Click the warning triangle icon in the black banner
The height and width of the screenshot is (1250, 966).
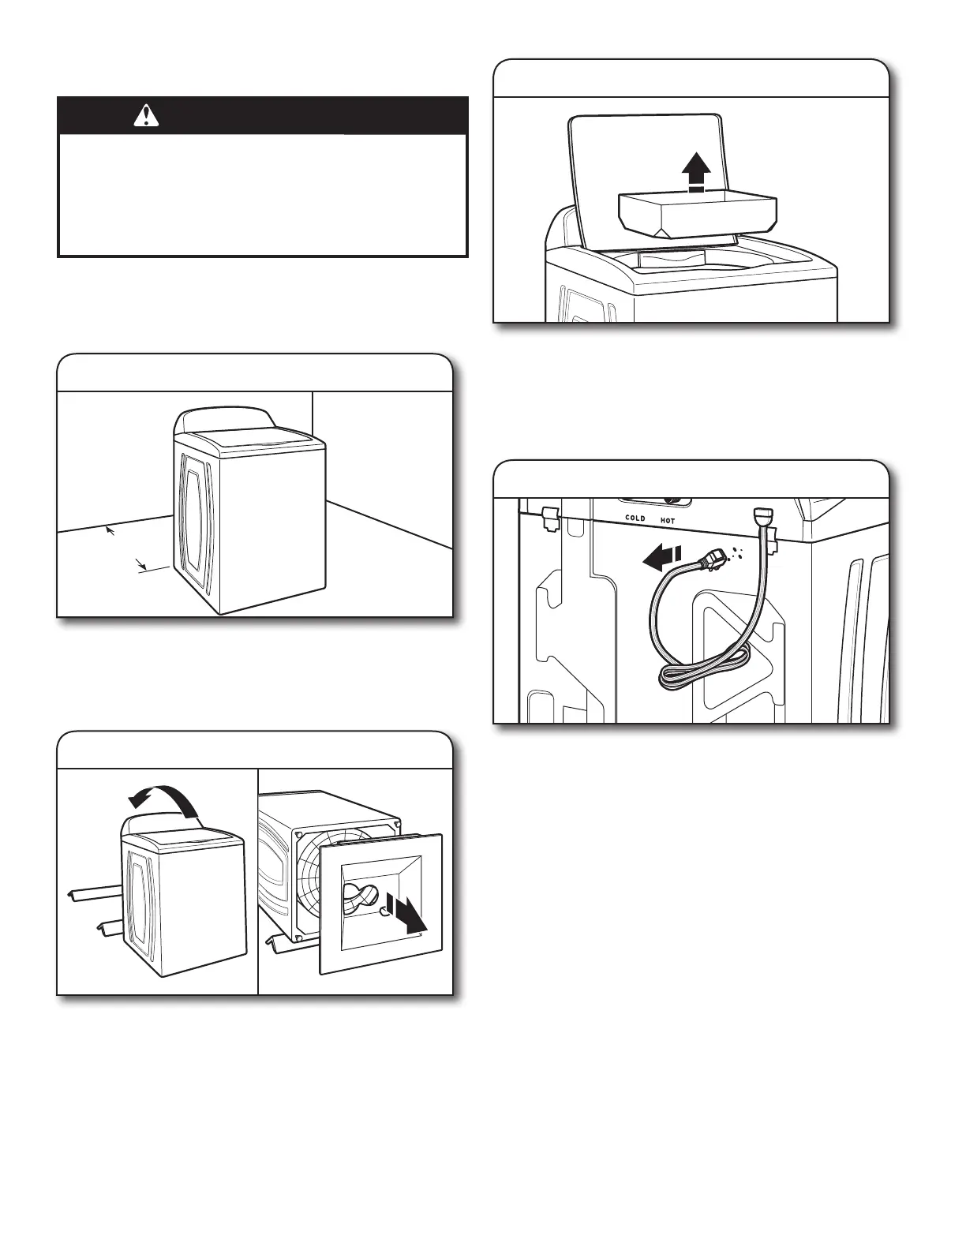(x=146, y=116)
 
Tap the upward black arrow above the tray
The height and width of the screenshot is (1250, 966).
(x=696, y=170)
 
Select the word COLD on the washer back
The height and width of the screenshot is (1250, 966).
(x=635, y=518)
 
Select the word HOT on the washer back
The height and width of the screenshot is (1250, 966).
(x=668, y=521)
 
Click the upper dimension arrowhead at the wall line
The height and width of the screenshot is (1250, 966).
(x=110, y=530)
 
